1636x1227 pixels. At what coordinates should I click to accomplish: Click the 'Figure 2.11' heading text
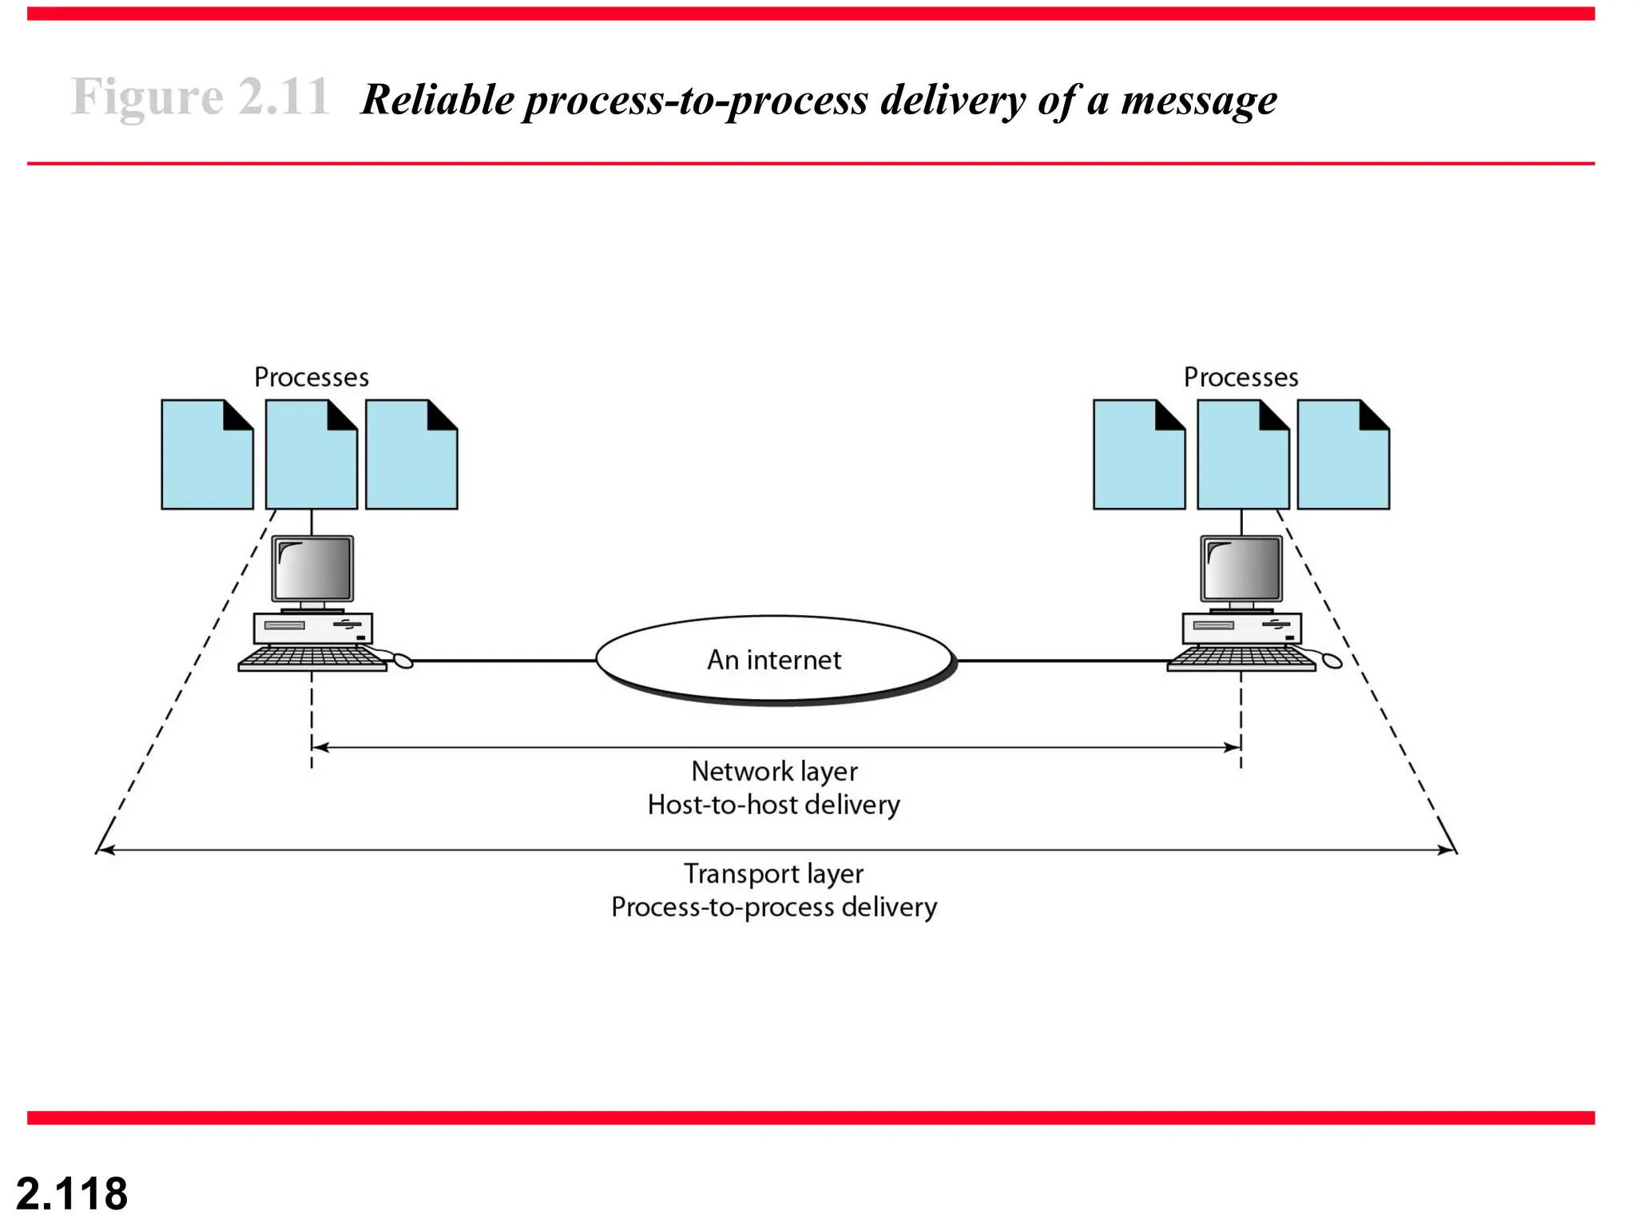click(200, 97)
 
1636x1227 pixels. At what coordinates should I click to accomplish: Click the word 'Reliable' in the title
click(438, 101)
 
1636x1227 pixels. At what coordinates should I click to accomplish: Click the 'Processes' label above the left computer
click(312, 377)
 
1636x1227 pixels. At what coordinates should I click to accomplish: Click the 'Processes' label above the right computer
click(1241, 377)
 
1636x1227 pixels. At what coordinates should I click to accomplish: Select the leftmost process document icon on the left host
click(207, 455)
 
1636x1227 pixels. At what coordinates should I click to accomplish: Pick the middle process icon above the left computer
click(311, 455)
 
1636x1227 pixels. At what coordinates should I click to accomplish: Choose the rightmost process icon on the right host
click(1343, 455)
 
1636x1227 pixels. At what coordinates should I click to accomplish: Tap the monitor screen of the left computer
click(312, 568)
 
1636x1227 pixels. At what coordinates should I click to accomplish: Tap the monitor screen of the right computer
click(1241, 568)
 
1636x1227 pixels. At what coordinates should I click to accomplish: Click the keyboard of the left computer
click(312, 658)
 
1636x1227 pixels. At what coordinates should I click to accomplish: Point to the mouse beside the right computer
click(1332, 661)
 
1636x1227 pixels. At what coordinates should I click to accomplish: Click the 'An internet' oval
click(774, 660)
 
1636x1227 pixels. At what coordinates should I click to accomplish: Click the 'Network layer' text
click(774, 772)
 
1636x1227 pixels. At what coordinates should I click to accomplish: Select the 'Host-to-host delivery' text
click(773, 804)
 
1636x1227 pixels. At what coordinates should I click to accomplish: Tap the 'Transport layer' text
click(773, 874)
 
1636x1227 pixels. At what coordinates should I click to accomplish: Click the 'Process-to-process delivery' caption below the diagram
click(773, 907)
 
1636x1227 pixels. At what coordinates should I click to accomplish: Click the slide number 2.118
click(72, 1193)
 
